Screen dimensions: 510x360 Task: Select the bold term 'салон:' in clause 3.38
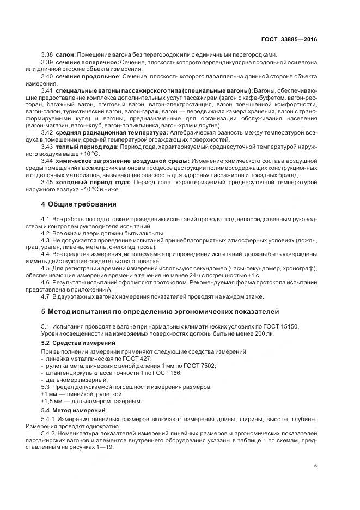point(64,54)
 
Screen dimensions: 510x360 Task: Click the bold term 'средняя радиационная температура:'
point(105,132)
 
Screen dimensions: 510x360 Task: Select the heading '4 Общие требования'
point(79,204)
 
